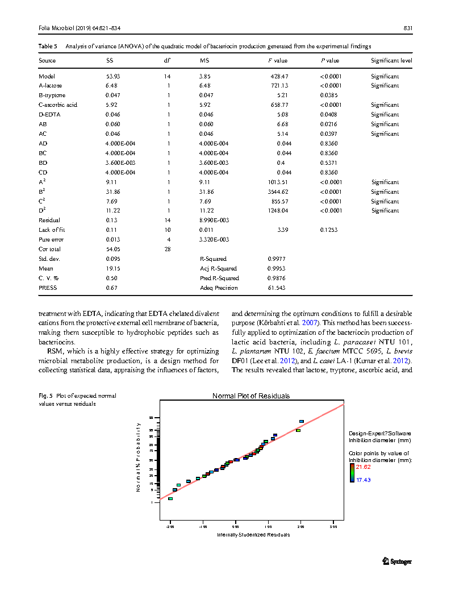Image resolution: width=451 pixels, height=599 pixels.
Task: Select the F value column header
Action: point(278,60)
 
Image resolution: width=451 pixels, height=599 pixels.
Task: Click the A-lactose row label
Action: point(51,86)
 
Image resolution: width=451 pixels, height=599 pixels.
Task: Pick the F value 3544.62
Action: point(278,192)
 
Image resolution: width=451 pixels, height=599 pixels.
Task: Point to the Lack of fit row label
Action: point(52,230)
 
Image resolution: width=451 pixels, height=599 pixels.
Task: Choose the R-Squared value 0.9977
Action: point(277,259)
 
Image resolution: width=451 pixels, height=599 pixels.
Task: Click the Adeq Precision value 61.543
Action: point(277,288)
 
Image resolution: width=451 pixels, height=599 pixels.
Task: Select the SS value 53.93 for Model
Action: point(113,76)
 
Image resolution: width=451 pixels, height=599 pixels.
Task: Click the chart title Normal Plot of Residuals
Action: point(251,396)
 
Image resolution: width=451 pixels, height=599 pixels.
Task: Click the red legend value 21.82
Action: point(363,467)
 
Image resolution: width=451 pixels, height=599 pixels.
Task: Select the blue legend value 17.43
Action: point(363,480)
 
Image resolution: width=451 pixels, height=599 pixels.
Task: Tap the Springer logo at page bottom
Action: point(396,561)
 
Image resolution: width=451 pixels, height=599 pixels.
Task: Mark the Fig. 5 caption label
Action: point(45,396)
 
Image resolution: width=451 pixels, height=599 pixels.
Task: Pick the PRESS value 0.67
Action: point(111,288)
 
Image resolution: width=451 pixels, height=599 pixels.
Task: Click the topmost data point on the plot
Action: point(302,422)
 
